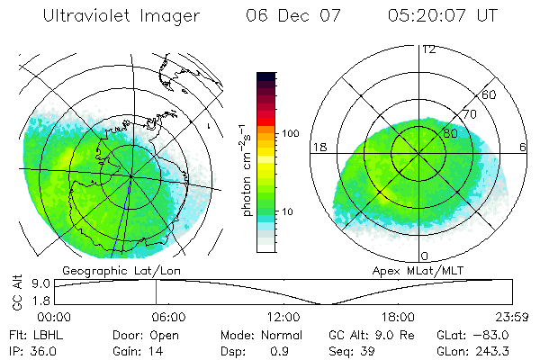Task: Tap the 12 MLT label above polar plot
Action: [428, 49]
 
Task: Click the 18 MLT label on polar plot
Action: [318, 147]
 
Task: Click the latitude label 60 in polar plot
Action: [490, 94]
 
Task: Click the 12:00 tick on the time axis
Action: [284, 317]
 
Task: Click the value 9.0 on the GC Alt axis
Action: [40, 283]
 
